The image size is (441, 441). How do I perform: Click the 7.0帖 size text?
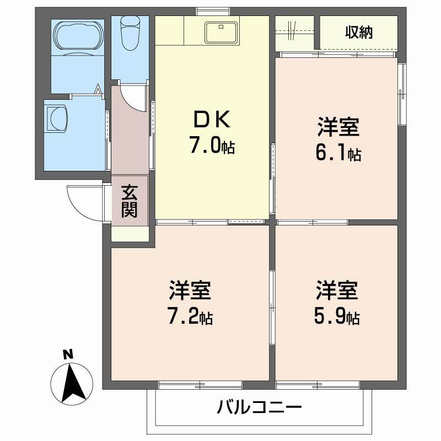pyautogui.click(x=212, y=146)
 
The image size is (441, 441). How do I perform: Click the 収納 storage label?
pyautogui.click(x=359, y=32)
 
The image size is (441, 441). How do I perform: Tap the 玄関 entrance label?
pyautogui.click(x=130, y=201)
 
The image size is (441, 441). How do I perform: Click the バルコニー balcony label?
pyautogui.click(x=259, y=408)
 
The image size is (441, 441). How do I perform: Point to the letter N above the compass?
pyautogui.click(x=68, y=354)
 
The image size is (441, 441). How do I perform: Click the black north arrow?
pyautogui.click(x=70, y=383)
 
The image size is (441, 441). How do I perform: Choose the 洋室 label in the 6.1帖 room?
pyautogui.click(x=338, y=127)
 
